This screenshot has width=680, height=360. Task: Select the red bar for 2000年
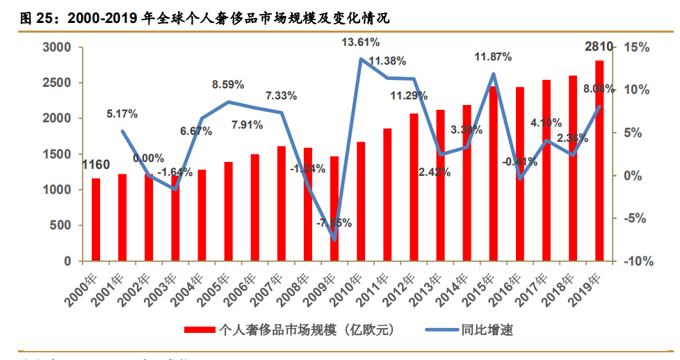(96, 220)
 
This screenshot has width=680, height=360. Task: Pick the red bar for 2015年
(493, 174)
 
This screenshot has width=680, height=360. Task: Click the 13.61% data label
(360, 42)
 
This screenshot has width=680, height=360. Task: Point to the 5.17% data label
(122, 113)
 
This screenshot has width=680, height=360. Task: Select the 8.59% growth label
(228, 85)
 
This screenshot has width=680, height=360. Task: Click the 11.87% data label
(493, 56)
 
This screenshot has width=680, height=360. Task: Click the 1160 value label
(96, 165)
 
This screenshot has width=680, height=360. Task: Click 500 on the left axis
(61, 225)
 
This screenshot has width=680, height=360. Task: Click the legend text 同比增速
(487, 329)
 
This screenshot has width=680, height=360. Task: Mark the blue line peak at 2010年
(361, 59)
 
